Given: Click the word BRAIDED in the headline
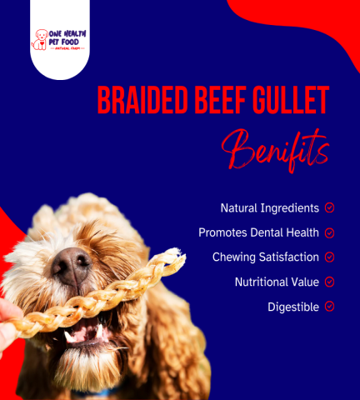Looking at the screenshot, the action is click(x=142, y=100).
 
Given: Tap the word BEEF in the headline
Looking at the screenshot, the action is click(x=221, y=100).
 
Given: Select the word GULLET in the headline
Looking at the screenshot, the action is click(x=291, y=100).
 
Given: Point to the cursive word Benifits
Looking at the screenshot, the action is click(x=276, y=151).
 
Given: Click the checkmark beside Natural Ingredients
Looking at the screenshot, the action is click(x=329, y=207).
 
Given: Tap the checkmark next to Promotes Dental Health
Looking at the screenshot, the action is click(x=329, y=232).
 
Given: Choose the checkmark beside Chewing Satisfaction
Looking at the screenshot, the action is click(x=329, y=257).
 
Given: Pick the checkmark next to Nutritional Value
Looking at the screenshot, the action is click(x=329, y=282).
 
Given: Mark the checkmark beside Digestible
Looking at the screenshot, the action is click(x=329, y=307).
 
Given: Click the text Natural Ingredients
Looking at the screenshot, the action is click(x=270, y=208).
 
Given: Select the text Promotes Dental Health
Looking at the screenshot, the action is click(x=258, y=232).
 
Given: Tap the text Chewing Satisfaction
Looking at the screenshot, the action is click(x=266, y=257).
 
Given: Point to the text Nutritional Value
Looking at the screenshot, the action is click(x=277, y=282).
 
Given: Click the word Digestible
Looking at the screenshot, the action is click(x=293, y=307).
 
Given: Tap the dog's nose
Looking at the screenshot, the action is click(x=72, y=266).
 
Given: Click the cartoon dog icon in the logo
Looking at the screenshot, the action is click(x=40, y=40).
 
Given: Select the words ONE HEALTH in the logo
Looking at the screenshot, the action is click(x=67, y=34).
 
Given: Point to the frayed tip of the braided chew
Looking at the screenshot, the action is click(x=177, y=253).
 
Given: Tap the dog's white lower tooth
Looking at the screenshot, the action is click(x=99, y=331).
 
